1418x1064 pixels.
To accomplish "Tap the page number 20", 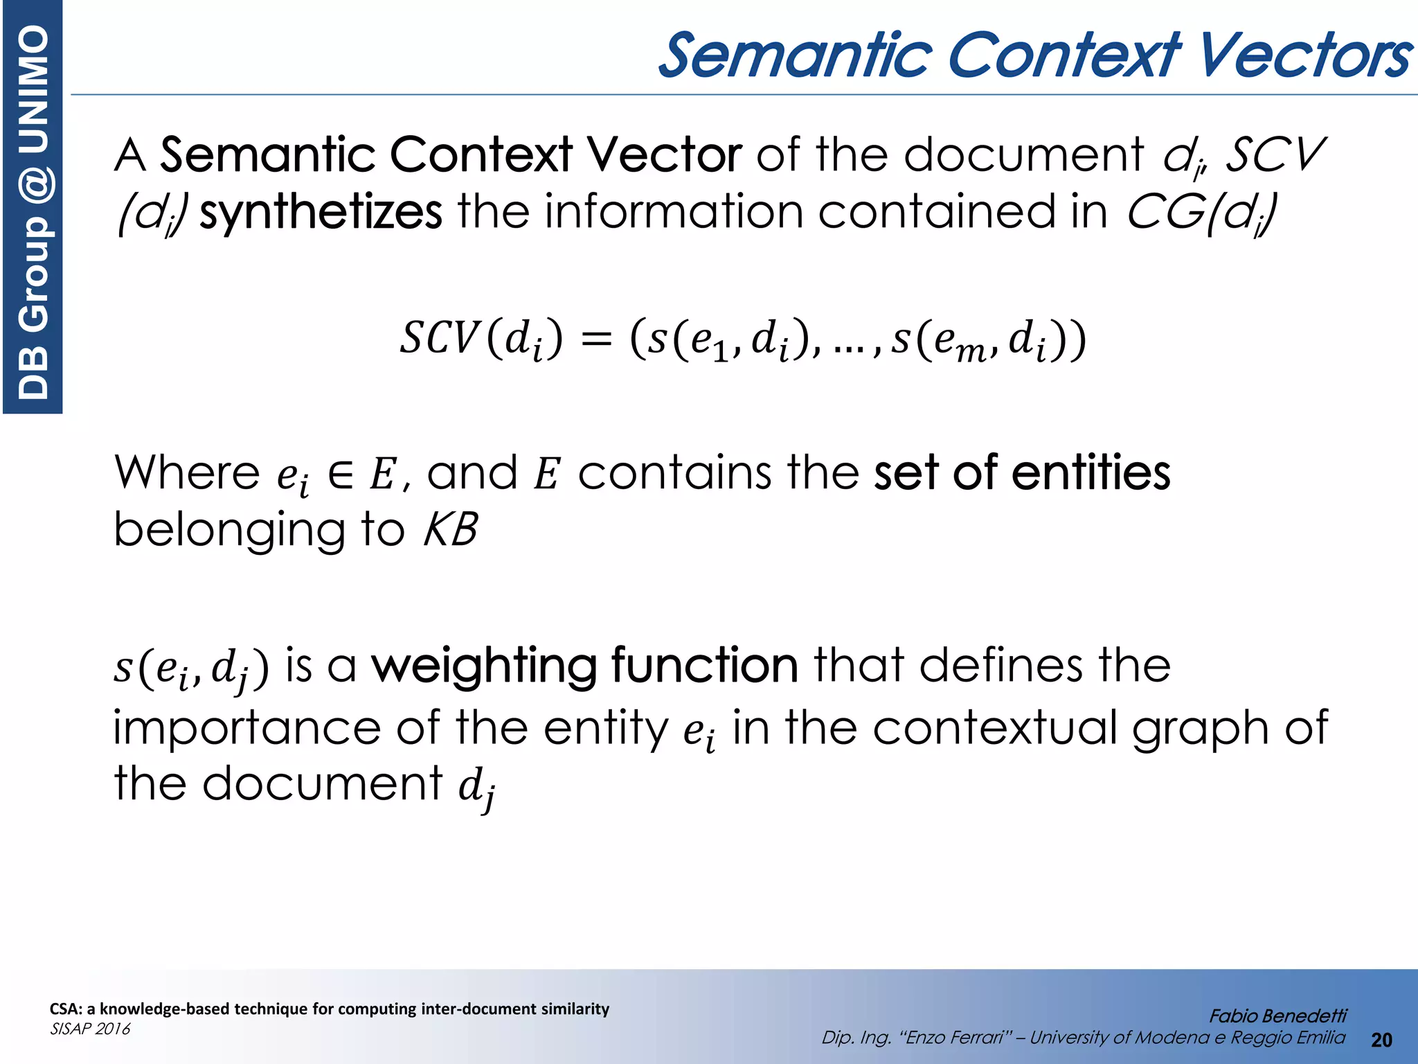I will pos(1381,1040).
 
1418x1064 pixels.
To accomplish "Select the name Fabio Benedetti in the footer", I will pos(1277,1016).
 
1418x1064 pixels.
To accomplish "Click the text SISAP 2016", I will pos(90,1029).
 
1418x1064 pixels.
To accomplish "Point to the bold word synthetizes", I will pos(321,212).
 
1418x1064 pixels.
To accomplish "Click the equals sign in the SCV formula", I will pos(596,340).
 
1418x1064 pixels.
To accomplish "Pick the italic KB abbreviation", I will pos(450,531).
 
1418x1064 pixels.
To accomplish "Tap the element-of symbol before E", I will pos(340,475).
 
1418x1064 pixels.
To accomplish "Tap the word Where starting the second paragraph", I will pos(187,472).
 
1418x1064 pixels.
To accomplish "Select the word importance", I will pos(246,729).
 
